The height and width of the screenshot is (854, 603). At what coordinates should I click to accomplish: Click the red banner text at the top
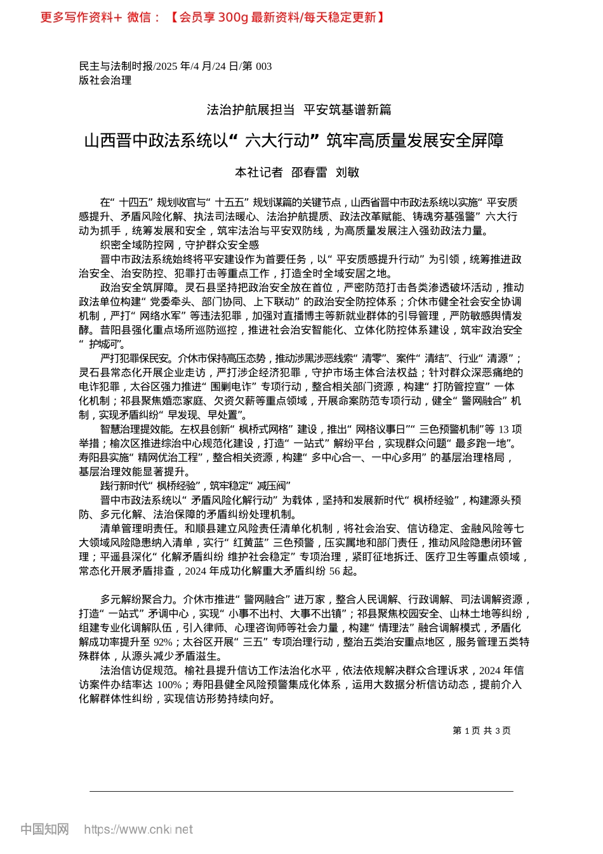(x=212, y=17)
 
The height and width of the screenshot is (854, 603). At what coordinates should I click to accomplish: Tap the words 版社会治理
(x=105, y=80)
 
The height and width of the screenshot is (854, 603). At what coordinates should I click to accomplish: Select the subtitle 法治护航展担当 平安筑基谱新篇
(x=299, y=110)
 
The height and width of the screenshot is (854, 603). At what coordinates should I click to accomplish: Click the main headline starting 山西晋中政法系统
(x=294, y=140)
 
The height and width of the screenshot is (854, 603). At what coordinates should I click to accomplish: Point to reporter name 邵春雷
(x=309, y=172)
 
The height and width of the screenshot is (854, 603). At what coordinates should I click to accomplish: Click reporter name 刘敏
(x=347, y=172)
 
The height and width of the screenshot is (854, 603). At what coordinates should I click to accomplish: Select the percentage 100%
(x=169, y=685)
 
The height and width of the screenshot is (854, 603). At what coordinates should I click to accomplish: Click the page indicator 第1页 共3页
(x=482, y=731)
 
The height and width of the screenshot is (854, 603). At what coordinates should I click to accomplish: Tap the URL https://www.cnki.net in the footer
(x=138, y=829)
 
